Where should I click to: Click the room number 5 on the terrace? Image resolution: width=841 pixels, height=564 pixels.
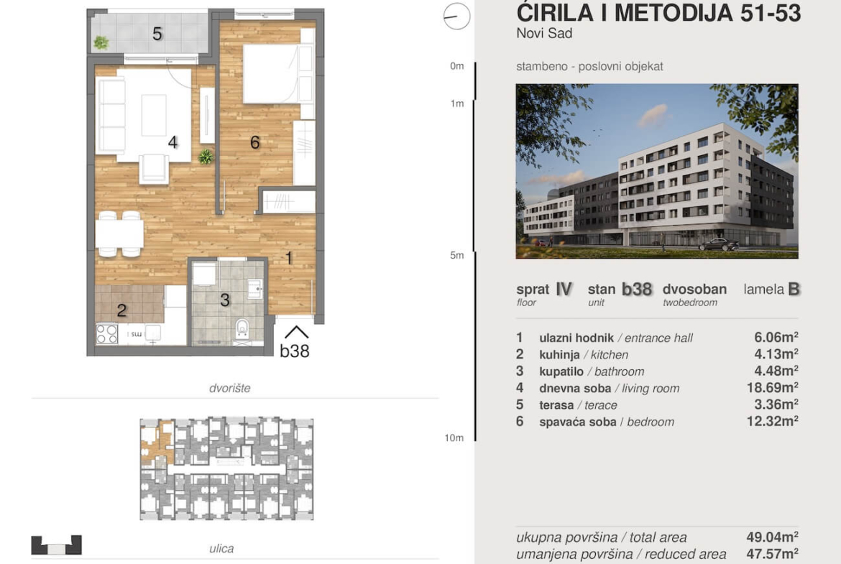(157, 34)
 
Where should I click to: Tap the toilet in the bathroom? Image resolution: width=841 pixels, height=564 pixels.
(242, 328)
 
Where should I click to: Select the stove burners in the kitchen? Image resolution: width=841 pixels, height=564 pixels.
(106, 334)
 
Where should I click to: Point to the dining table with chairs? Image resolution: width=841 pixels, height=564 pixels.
(119, 234)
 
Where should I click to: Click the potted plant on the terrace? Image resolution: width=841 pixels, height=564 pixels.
(101, 42)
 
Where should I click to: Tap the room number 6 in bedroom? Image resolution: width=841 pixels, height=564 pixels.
(254, 142)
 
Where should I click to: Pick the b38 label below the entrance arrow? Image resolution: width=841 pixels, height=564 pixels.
(295, 351)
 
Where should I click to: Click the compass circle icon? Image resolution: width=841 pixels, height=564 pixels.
(456, 16)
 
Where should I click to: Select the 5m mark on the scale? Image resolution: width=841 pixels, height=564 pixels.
(457, 255)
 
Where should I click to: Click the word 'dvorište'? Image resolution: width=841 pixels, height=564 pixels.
(229, 388)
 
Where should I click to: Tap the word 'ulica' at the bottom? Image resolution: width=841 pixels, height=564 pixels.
(221, 548)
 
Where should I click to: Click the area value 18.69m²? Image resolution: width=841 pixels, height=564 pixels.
(772, 388)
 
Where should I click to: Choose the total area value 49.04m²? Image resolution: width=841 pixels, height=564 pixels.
(772, 537)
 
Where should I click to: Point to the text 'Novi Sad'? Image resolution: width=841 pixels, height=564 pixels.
(544, 33)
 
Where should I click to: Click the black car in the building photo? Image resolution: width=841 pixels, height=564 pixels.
(718, 245)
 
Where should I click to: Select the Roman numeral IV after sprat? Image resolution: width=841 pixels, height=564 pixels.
(564, 289)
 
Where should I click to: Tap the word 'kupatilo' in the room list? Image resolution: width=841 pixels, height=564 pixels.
(561, 371)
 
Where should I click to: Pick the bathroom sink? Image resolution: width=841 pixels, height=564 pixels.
(254, 288)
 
